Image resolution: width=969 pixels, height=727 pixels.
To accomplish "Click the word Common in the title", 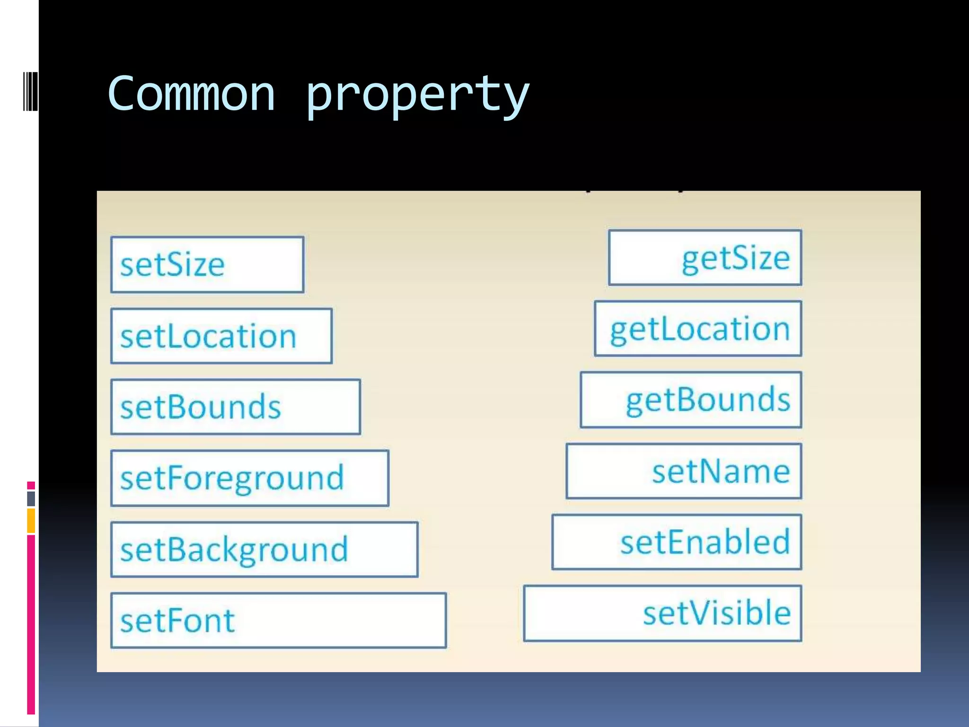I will [191, 95].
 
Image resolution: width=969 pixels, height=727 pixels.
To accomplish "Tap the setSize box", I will [207, 265].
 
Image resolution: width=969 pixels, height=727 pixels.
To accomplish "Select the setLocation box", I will [221, 336].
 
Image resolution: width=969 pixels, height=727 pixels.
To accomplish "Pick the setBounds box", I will [236, 407].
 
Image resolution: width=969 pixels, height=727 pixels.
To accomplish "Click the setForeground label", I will [232, 478].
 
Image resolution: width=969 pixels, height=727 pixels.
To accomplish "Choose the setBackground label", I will [234, 550].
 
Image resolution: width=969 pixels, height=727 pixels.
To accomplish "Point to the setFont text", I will [177, 621].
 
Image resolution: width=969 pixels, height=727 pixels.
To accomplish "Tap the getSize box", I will [705, 258].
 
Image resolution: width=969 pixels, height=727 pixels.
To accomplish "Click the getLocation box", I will [698, 329].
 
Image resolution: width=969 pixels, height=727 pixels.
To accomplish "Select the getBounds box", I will [691, 400].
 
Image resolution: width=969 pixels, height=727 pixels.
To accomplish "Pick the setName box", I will [684, 471].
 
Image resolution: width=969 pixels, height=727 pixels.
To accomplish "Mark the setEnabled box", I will [677, 542].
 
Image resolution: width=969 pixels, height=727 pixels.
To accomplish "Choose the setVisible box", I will [662, 613].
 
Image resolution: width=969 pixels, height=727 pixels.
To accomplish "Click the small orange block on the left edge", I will [31, 521].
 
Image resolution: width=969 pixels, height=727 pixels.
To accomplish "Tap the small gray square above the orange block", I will [31, 498].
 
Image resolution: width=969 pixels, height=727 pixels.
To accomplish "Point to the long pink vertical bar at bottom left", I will [31, 625].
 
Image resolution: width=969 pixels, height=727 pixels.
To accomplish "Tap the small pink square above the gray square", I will [31, 486].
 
